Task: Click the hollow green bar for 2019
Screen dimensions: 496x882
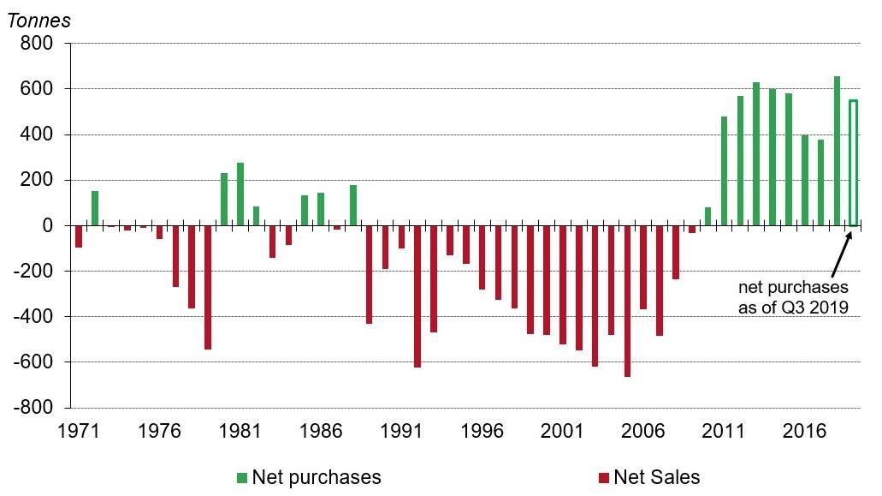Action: pos(853,163)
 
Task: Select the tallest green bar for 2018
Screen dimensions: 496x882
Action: pos(837,151)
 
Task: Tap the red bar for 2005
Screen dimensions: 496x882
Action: pos(627,301)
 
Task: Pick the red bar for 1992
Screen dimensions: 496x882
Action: pos(417,296)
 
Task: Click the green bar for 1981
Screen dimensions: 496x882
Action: pos(240,194)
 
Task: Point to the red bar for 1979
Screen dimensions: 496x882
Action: pos(208,287)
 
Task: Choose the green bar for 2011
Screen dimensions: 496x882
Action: pos(724,170)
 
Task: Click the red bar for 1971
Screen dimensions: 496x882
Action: pos(79,236)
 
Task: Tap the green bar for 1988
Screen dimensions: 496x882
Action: pos(353,205)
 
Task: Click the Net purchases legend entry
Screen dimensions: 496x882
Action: pos(309,477)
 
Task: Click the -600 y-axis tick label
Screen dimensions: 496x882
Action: pos(34,362)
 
